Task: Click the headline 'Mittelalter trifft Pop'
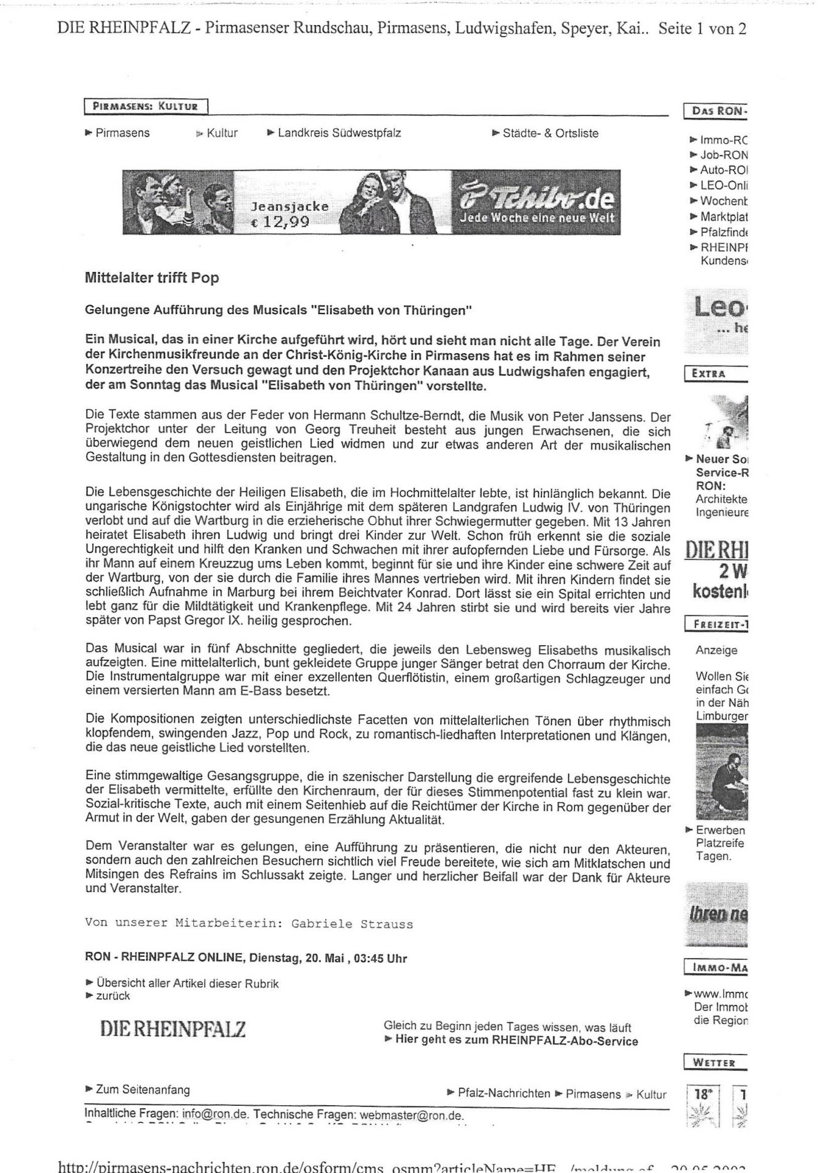click(x=152, y=278)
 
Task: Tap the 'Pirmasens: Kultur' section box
click(x=145, y=106)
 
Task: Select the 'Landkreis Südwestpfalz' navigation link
click(x=339, y=133)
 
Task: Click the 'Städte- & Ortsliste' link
click(x=550, y=133)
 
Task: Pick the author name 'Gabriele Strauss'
click(x=352, y=924)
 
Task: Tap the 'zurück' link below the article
click(x=112, y=995)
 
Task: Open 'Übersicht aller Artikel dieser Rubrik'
click(x=187, y=984)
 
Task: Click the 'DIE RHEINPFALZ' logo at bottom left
click(x=173, y=1030)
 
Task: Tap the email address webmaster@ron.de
click(x=411, y=1114)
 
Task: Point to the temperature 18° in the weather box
click(x=703, y=1094)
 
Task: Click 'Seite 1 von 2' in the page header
click(x=702, y=29)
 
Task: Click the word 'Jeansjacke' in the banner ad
click(x=290, y=207)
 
